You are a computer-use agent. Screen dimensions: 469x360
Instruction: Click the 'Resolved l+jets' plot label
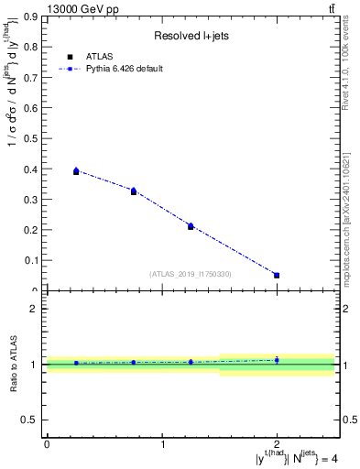(x=190, y=36)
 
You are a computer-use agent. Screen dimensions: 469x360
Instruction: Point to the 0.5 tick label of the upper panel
(x=30, y=139)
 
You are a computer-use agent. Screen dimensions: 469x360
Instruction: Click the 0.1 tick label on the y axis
(x=30, y=260)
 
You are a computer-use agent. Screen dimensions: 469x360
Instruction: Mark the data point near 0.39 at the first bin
(x=76, y=171)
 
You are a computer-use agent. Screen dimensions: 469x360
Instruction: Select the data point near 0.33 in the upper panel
(x=134, y=191)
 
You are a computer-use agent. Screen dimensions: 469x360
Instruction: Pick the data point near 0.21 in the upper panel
(x=191, y=225)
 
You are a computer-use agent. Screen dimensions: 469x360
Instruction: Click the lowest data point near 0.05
(x=277, y=275)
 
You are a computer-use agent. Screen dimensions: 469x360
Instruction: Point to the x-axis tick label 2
(x=277, y=444)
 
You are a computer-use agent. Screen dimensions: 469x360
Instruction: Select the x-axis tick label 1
(x=162, y=444)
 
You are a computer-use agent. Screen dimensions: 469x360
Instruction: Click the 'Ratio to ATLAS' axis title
(x=15, y=365)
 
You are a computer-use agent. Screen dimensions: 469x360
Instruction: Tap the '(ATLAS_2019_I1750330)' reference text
(x=191, y=274)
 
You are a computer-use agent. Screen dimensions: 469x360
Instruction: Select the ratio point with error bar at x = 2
(x=277, y=360)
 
